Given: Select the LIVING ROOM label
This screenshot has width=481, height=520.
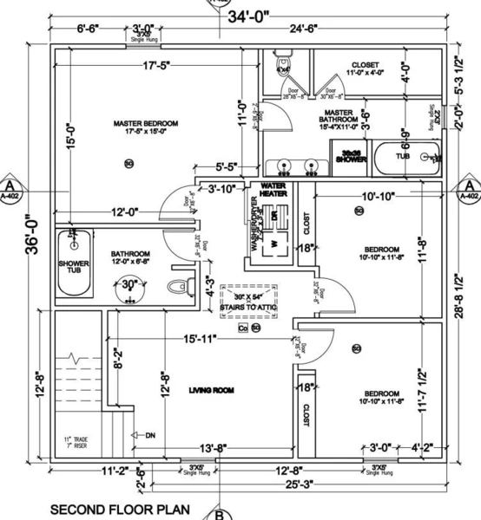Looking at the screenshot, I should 212,392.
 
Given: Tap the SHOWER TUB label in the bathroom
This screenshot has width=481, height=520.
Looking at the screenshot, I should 73,267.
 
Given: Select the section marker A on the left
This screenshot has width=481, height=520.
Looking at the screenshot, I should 10,186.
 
